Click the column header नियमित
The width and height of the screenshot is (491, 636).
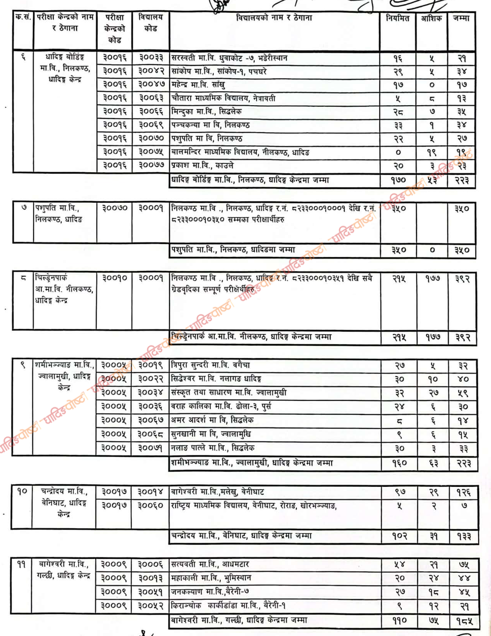397,18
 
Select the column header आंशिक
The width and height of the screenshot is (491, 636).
431,18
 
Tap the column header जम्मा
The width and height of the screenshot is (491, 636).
461,18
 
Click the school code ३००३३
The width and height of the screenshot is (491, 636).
151,58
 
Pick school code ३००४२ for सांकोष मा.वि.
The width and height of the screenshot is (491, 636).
151,71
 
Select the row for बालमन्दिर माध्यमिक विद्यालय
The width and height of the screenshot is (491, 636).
240,152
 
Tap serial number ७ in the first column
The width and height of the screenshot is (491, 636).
23,208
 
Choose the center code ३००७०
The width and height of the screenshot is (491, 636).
114,208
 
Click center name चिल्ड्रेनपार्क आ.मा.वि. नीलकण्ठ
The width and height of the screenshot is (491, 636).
64,289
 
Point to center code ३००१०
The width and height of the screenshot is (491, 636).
114,278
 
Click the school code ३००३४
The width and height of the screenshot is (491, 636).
151,393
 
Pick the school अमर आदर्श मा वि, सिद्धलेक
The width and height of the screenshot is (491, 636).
212,420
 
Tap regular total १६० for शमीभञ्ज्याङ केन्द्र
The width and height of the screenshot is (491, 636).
399,463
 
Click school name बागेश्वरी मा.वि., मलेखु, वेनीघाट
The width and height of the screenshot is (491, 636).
218,492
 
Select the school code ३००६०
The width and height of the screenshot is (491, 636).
151,505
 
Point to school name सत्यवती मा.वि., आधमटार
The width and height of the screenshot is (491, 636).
210,564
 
